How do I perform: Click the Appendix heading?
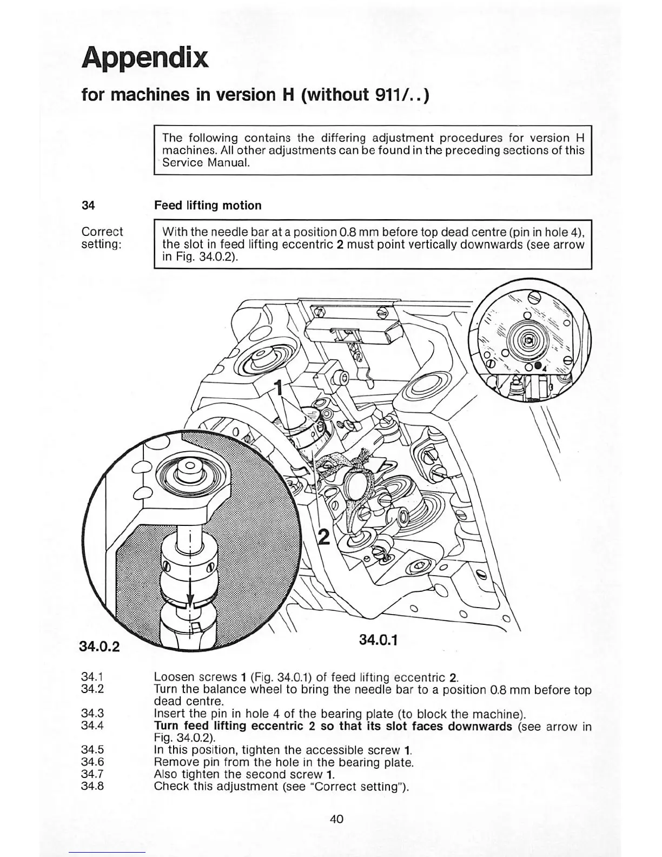click(144, 58)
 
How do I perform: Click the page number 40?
click(336, 819)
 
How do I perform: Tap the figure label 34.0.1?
click(378, 640)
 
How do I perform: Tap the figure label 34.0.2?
click(99, 646)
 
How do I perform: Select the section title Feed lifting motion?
click(208, 206)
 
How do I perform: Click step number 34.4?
click(92, 726)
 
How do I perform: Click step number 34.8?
click(92, 786)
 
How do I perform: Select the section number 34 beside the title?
click(88, 206)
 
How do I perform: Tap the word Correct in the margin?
click(102, 232)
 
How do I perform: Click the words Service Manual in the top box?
click(206, 162)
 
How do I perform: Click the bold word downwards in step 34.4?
click(478, 726)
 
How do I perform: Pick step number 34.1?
click(92, 677)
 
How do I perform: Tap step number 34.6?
click(92, 762)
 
